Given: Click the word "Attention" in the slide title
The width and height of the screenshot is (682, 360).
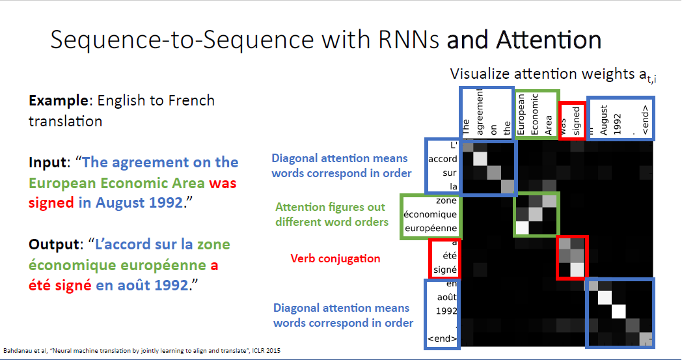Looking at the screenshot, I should pos(549,40).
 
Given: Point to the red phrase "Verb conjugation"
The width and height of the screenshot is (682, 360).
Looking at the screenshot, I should pos(335,258).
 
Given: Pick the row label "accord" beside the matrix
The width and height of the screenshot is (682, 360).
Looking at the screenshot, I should pos(442,159).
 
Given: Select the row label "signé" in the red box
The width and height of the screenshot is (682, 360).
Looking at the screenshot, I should pos(445,270).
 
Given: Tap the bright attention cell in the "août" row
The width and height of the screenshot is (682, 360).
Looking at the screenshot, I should pos(605,297).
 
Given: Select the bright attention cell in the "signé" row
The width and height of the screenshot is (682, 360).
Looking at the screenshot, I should pos(577,270).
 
